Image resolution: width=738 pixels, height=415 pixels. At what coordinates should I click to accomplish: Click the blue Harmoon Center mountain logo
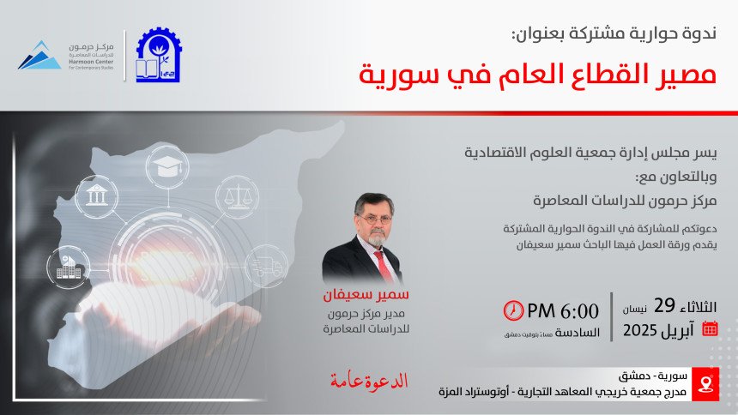click(x=40, y=56)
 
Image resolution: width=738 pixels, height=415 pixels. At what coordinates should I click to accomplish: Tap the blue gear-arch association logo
click(x=158, y=55)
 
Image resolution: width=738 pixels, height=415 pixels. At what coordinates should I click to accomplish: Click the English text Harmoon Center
click(x=91, y=62)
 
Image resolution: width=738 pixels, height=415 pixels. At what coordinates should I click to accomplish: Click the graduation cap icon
click(x=167, y=166)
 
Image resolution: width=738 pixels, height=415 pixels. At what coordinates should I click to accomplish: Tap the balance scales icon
click(x=237, y=196)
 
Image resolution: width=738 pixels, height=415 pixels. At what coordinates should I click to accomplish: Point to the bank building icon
click(x=96, y=195)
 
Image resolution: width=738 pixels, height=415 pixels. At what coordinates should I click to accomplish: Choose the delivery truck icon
click(x=266, y=267)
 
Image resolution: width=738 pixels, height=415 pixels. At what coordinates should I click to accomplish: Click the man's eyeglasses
click(x=375, y=219)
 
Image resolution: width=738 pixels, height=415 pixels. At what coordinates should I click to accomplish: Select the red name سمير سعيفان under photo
click(x=366, y=295)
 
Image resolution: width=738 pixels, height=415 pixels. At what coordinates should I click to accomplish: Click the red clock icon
click(x=513, y=310)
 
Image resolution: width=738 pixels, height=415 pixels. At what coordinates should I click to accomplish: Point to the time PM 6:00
click(x=563, y=311)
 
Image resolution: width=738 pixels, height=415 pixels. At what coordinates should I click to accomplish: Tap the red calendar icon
click(x=710, y=328)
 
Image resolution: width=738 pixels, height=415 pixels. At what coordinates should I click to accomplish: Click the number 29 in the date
click(x=664, y=306)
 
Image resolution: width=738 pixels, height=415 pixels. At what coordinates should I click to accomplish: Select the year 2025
click(x=639, y=330)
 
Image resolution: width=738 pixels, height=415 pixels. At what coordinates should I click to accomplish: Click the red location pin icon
click(x=705, y=384)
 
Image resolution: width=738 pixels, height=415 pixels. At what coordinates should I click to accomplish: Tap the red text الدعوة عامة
click(x=368, y=381)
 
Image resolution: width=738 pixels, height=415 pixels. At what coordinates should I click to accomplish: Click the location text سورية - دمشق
click(x=652, y=376)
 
